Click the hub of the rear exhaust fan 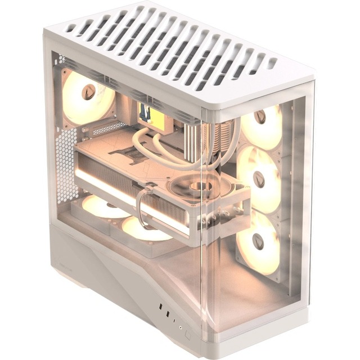89,92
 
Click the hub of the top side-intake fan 260,118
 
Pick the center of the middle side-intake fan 259,179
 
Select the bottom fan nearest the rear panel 104,206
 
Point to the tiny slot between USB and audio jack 174,318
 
